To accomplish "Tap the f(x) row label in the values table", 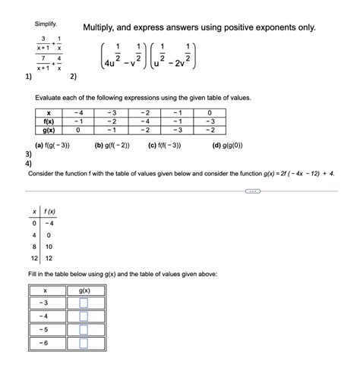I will [50, 119].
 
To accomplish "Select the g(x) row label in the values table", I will [50, 129].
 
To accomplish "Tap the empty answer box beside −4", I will [84, 316].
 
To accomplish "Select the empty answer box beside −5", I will [84, 329].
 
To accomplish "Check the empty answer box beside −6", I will [84, 343].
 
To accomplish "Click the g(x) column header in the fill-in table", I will [84, 290].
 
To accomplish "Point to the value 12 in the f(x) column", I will [49, 258].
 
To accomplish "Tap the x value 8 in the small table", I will [33, 247].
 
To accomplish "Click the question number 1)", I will [28, 76].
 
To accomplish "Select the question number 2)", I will [73, 76].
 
